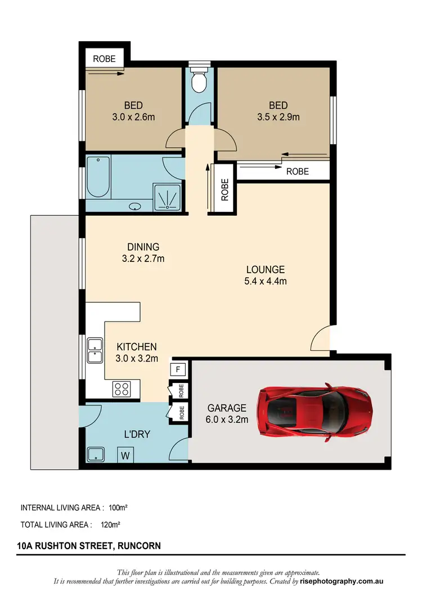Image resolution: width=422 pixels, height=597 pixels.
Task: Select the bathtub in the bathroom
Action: pos(98,177)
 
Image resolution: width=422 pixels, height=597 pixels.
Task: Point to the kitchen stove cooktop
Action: pos(122,389)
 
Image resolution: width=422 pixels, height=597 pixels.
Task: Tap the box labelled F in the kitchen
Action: pos(178,369)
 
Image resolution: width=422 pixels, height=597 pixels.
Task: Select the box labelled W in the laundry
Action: pos(125,455)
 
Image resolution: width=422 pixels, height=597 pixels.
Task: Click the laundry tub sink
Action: pos(95,455)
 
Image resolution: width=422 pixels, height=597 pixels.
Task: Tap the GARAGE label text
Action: pos(227,408)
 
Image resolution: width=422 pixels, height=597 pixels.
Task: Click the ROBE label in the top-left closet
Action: pos(104,58)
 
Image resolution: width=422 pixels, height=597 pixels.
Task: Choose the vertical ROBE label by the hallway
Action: pos(225,190)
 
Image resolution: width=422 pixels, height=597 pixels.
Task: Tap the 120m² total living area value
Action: pos(111,524)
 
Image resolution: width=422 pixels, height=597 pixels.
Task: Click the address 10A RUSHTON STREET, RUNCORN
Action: pos(89,546)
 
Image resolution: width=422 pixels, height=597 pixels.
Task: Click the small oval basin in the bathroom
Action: pos(136,207)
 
